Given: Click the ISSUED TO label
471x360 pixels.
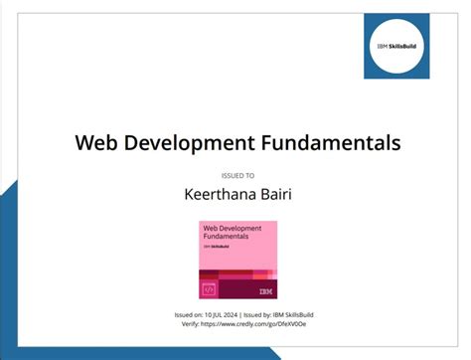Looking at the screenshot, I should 236,174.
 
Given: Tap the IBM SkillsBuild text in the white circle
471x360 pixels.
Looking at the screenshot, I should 411,46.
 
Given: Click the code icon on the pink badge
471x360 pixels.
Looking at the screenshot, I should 210,289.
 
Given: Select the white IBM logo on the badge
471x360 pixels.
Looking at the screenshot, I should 264,290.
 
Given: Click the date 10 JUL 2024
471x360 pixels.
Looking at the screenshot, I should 221,314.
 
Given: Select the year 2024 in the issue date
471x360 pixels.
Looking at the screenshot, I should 233,314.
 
